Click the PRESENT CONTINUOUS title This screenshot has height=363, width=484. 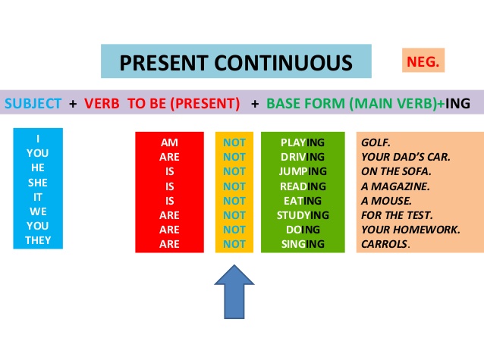pos(236,62)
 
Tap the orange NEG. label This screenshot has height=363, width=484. pos(423,60)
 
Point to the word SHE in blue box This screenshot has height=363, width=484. pos(37,183)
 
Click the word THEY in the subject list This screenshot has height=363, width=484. pos(37,240)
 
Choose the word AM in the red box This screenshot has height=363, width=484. pos(169,142)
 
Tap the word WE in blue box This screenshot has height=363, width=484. pos(37,211)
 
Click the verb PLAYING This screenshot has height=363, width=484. pos(302,142)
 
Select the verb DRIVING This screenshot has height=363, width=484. pos(302,157)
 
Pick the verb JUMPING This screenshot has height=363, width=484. pos(302,171)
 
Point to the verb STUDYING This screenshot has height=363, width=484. pos(302,214)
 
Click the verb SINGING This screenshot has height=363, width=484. pos(302,243)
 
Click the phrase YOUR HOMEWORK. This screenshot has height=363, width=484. pos(410,229)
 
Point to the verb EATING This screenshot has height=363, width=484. pos(302,200)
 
